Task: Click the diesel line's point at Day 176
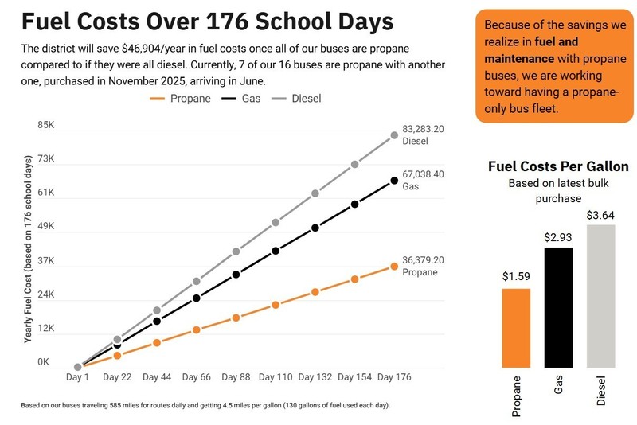(394, 135)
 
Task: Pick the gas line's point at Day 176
(394, 181)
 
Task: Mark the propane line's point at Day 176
(394, 266)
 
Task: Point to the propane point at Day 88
(236, 318)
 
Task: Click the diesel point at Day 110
(276, 223)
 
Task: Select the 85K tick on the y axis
(46, 126)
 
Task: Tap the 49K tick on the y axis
(46, 227)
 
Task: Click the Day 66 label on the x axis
(196, 377)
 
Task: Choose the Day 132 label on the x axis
(315, 377)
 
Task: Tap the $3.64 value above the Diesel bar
(600, 215)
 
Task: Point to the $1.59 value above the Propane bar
(516, 277)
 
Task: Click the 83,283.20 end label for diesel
(423, 129)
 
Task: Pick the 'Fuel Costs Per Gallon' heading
(557, 167)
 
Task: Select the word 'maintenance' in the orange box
(518, 58)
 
